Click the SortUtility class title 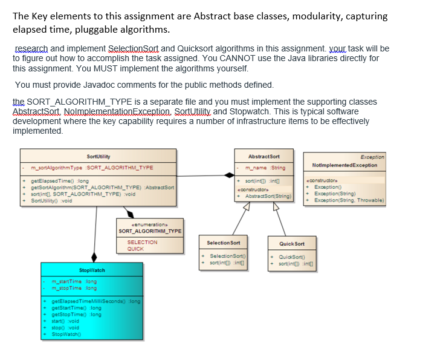pos(99,156)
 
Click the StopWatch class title pos(92,270)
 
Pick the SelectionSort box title pos(224,243)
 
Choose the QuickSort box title pos(292,244)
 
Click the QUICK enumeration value pos(135,249)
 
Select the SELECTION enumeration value pos(141,242)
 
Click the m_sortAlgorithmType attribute pos(92,168)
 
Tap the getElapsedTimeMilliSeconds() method pos(95,301)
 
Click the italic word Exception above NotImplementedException pos(372,157)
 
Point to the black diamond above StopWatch pos(94,257)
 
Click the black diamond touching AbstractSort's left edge pos(230,174)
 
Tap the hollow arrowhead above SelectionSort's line pos(247,206)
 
